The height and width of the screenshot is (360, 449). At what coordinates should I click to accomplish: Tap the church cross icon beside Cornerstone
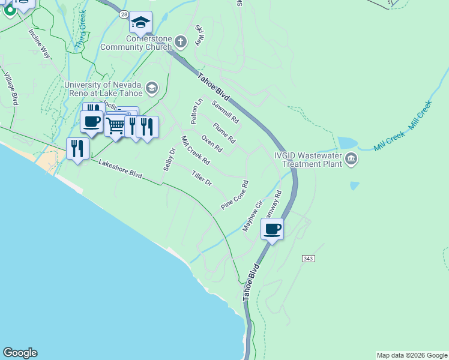point(181,41)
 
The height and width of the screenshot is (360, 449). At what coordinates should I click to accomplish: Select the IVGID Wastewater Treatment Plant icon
point(351,160)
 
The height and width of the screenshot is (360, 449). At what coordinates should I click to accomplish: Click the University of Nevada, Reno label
point(103,89)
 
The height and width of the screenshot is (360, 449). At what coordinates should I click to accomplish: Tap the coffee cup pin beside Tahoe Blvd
point(273,229)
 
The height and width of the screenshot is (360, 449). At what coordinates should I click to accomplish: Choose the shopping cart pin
point(115,125)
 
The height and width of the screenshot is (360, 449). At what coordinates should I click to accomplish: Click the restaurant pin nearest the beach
point(77,148)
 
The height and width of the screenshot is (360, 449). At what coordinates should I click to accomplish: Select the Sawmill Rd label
point(225,112)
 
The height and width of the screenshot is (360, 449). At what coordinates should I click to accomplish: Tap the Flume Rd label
point(224,132)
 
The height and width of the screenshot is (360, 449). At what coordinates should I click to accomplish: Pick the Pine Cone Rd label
point(234,195)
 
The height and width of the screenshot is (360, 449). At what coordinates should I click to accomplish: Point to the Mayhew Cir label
point(252,216)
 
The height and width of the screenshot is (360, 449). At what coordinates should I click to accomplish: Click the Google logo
point(20,353)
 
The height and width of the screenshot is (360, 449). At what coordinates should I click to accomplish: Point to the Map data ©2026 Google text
point(412,355)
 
